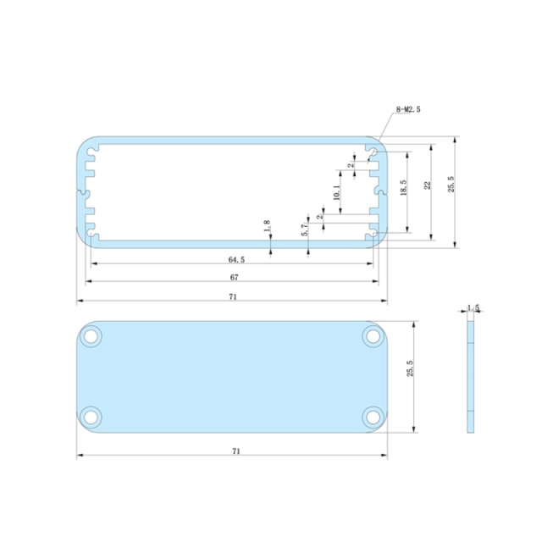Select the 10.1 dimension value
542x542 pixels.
point(336,193)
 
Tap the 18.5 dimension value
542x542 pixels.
point(403,187)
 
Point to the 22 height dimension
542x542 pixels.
point(428,185)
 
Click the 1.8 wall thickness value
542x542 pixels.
point(267,227)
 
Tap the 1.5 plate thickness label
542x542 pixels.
point(473,308)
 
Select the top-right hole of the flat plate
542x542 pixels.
point(372,336)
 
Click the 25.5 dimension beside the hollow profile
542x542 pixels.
point(451,184)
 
